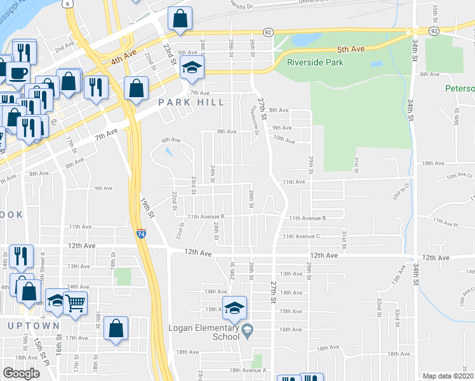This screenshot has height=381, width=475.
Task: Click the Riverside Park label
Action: coord(315,62)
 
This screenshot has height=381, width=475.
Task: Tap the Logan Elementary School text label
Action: coord(203,333)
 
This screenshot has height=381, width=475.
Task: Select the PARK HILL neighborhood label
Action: coord(191,102)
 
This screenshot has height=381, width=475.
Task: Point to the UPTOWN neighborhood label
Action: coord(34,325)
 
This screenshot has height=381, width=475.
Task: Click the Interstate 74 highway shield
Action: coord(140,234)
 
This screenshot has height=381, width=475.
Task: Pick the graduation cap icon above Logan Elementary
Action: coord(234,308)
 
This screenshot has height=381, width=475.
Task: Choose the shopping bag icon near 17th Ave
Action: coord(116,328)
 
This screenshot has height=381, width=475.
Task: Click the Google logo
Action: coord(21,373)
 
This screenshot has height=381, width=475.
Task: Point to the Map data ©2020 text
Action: coord(448,376)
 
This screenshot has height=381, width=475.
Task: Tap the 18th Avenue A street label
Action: coord(248,370)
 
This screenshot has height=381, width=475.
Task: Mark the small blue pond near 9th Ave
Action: coord(168,151)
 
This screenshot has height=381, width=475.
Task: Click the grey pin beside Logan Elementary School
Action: coord(248,328)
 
